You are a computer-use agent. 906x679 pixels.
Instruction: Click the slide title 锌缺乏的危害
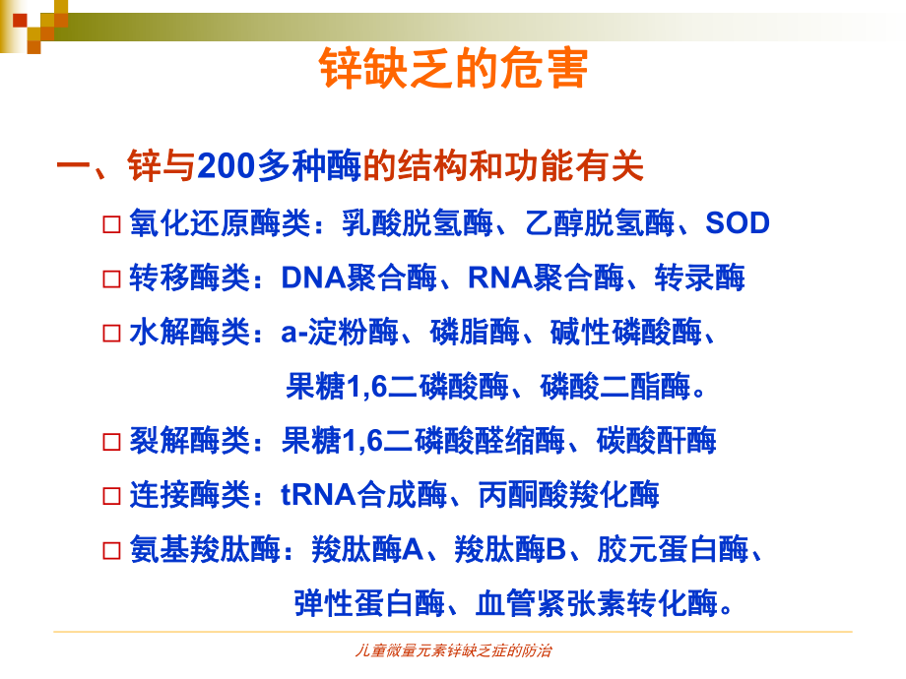click(453, 70)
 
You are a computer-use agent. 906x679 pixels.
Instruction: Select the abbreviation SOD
click(738, 223)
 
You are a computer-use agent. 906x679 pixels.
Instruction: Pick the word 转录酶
click(700, 278)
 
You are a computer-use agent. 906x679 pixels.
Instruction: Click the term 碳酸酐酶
click(656, 440)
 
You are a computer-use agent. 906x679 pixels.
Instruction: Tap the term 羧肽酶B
click(510, 549)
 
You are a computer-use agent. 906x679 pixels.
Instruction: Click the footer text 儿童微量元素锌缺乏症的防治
click(453, 651)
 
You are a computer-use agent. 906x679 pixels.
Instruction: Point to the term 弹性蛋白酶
click(368, 602)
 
